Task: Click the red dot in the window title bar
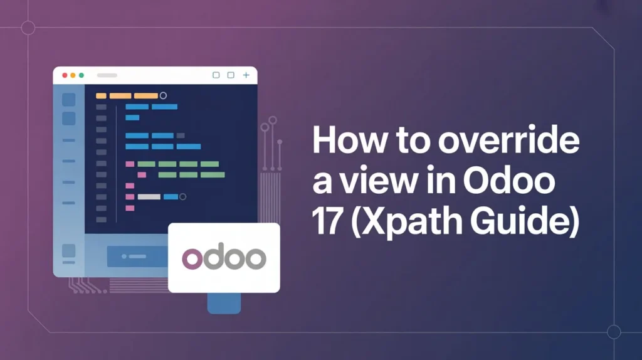pyautogui.click(x=64, y=75)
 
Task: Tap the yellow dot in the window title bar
pyautogui.click(x=73, y=75)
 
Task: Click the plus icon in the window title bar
pyautogui.click(x=246, y=75)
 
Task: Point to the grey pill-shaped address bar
pyautogui.click(x=107, y=75)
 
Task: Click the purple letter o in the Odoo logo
pyautogui.click(x=192, y=258)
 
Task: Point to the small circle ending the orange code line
pyautogui.click(x=163, y=95)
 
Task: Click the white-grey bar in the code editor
pyautogui.click(x=149, y=197)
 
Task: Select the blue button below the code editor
pyautogui.click(x=137, y=257)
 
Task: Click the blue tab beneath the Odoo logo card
pyautogui.click(x=224, y=302)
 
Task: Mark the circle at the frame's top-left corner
pyautogui.click(x=28, y=28)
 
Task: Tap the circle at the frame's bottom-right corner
pyautogui.click(x=614, y=332)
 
